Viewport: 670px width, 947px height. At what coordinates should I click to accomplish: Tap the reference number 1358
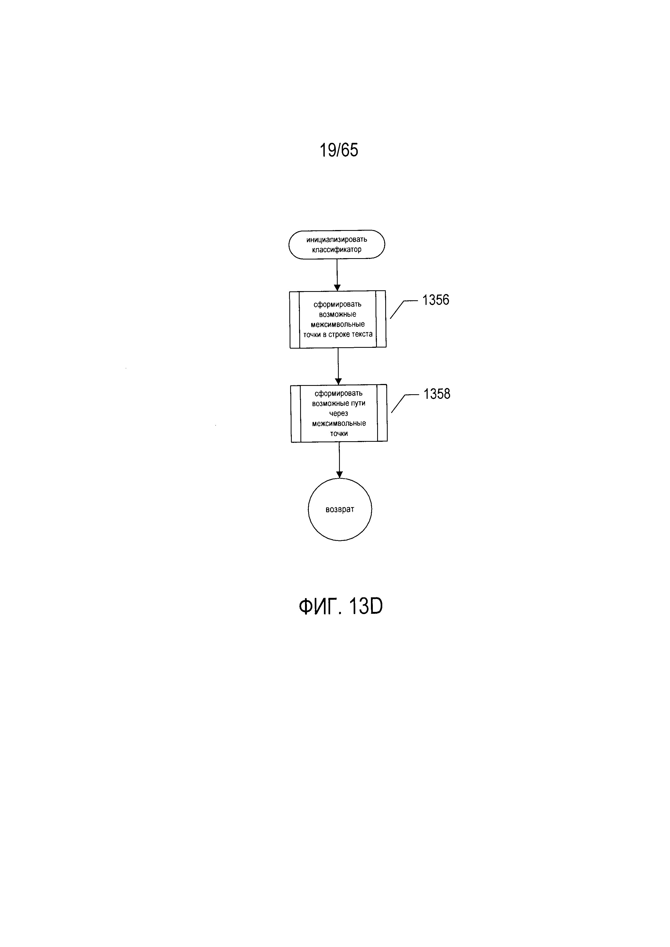[x=437, y=394]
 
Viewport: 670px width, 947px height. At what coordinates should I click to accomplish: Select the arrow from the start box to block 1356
[x=337, y=274]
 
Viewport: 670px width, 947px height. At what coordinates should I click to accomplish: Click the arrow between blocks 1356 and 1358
[x=338, y=366]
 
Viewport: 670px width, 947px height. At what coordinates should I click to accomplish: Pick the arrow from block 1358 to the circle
[x=339, y=460]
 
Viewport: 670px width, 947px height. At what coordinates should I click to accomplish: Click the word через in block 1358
[x=339, y=413]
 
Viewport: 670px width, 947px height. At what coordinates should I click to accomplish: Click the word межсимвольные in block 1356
[x=338, y=324]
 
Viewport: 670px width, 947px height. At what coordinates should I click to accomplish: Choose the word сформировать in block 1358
[x=339, y=393]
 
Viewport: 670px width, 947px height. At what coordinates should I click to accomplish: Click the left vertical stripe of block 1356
[x=294, y=320]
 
